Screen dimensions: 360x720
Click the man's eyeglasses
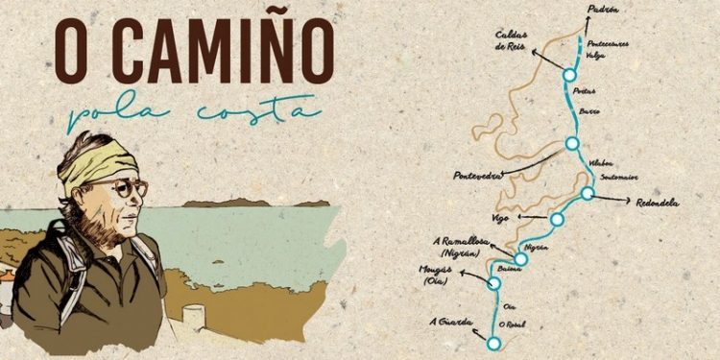click(126, 189)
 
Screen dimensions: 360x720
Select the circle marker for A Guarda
click(493, 343)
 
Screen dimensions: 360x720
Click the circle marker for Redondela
click(588, 194)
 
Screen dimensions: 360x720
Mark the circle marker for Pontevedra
click(572, 144)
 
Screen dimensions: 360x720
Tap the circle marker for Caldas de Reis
click(568, 74)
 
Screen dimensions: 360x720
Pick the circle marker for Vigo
click(557, 220)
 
